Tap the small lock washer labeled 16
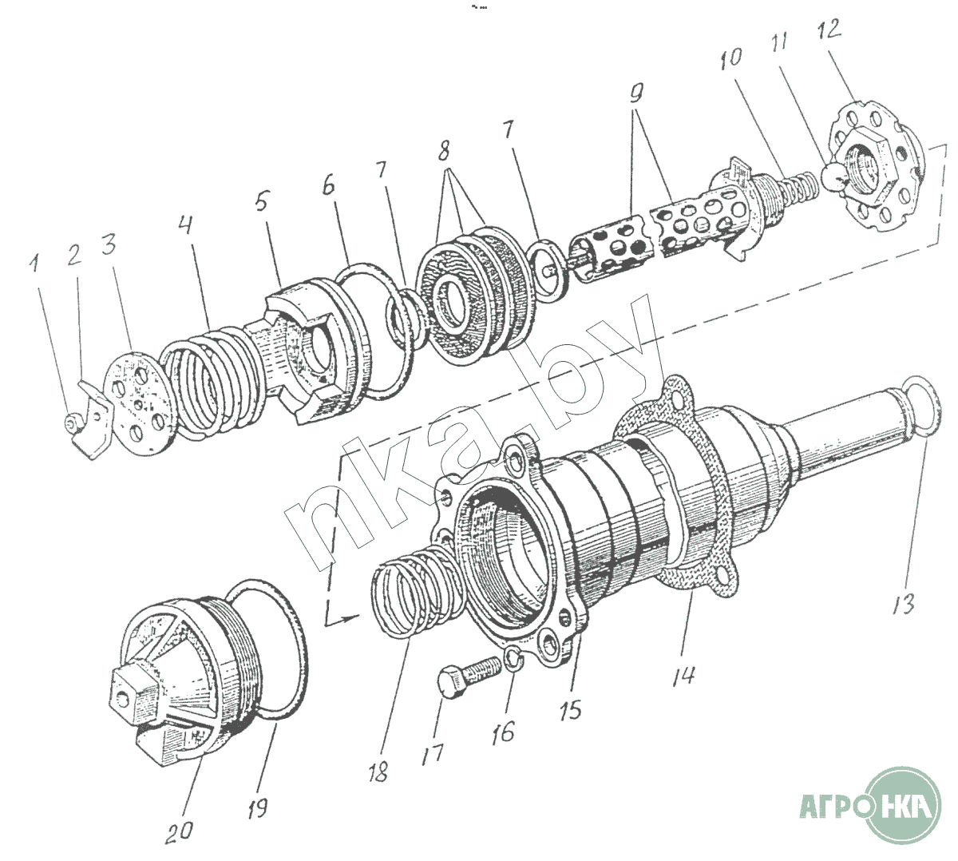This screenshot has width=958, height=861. click(x=514, y=661)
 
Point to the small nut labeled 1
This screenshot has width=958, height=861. click(x=73, y=419)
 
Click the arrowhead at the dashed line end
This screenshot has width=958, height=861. click(x=349, y=617)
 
